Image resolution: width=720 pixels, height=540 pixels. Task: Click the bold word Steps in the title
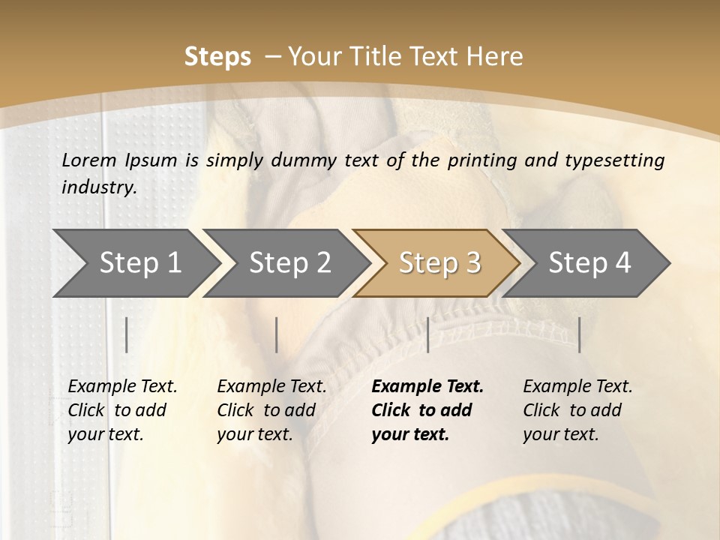click(217, 56)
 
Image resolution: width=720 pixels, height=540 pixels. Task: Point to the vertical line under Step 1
click(127, 334)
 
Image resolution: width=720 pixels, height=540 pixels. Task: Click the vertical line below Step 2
click(277, 334)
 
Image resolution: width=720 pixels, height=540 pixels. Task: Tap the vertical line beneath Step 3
click(427, 334)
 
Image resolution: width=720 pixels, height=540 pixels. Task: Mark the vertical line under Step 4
click(579, 334)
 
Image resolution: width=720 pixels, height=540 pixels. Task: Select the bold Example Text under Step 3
click(427, 410)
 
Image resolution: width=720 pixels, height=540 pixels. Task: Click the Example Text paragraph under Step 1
click(122, 410)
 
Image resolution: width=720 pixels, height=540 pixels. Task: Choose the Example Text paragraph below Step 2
click(271, 410)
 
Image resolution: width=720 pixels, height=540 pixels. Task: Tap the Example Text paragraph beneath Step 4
click(577, 410)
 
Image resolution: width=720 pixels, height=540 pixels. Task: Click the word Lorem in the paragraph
click(89, 160)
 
